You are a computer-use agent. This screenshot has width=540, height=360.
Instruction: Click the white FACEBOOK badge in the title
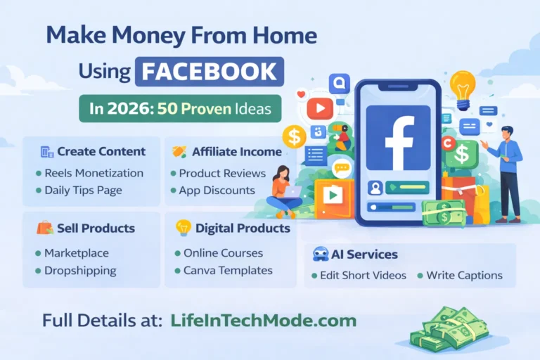[x=210, y=72]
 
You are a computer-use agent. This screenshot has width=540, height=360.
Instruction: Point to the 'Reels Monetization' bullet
[x=94, y=173]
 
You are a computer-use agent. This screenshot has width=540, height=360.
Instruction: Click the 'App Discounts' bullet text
[x=217, y=190]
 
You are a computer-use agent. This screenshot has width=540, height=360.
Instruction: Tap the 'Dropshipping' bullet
[x=80, y=270]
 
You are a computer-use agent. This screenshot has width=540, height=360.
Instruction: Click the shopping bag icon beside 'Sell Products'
[x=44, y=229]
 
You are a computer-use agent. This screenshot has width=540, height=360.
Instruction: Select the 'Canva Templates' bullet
[x=228, y=270]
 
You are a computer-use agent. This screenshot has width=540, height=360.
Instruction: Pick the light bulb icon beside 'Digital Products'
[x=183, y=228]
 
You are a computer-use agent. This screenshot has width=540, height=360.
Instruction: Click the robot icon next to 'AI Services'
[x=320, y=255]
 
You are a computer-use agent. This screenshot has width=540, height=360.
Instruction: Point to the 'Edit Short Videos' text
[x=364, y=275]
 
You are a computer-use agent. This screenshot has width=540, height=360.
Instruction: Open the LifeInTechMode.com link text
[x=263, y=321]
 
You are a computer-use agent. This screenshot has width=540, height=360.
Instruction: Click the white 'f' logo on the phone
[x=398, y=139]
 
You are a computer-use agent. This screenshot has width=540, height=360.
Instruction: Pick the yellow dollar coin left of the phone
[x=293, y=136]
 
